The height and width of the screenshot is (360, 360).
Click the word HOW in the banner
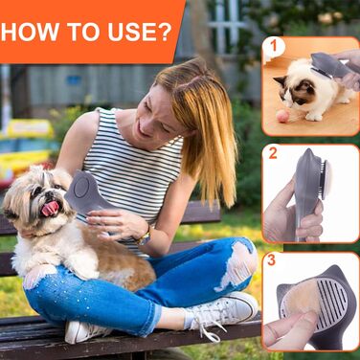pyautogui.click(x=30, y=32)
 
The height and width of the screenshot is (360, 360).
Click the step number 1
pyautogui.click(x=273, y=46)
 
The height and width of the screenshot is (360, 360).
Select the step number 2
pyautogui.click(x=273, y=153)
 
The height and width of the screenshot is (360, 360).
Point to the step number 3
pyautogui.click(x=271, y=260)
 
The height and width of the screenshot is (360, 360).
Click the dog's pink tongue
pyautogui.click(x=51, y=209)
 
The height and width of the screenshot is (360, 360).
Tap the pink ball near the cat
pyautogui.click(x=282, y=117)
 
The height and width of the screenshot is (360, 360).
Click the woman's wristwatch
pyautogui.click(x=144, y=236)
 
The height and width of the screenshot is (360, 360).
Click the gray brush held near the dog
pyautogui.click(x=88, y=194)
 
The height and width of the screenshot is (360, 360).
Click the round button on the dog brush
pyautogui.click(x=82, y=187)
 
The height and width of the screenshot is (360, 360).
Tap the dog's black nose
pyautogui.click(x=49, y=193)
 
